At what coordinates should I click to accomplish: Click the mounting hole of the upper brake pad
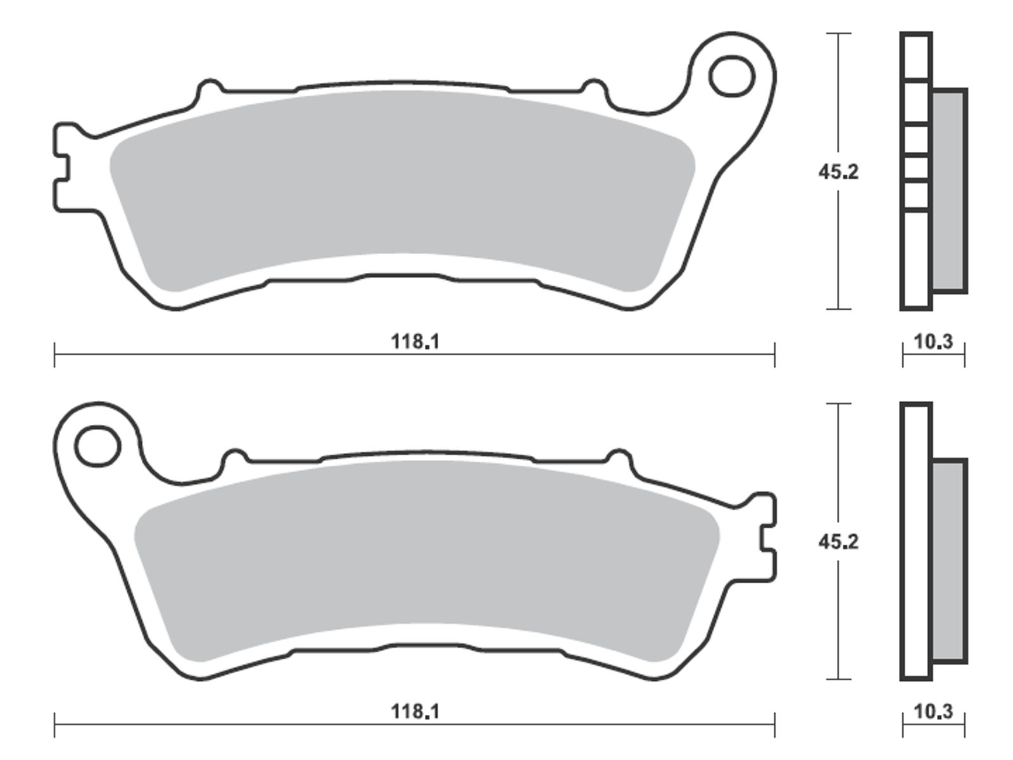(732, 77)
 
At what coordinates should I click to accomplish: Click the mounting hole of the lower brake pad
(98, 446)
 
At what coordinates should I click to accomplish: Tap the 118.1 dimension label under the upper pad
(415, 342)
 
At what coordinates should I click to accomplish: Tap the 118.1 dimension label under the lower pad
(415, 711)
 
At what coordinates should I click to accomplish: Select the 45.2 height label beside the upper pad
(838, 172)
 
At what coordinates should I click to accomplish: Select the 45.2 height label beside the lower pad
(838, 541)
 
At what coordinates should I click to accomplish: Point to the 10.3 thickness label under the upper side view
(933, 342)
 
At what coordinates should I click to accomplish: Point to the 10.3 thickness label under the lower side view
(933, 711)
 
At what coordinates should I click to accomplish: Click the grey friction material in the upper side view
(949, 191)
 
